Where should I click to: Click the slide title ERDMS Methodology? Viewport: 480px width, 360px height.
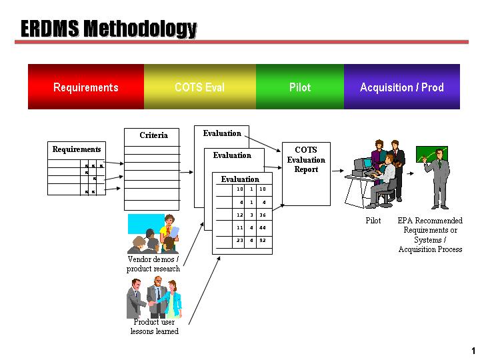[109, 29]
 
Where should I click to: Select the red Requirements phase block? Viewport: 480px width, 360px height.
[86, 87]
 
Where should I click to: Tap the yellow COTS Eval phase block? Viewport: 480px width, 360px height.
[199, 87]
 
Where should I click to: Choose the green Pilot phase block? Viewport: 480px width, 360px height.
[300, 87]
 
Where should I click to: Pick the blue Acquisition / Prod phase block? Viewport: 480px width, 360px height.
[401, 87]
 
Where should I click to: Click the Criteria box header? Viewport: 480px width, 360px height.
[153, 135]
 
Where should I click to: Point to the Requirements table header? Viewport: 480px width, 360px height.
[77, 149]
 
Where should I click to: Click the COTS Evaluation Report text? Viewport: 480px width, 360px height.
[306, 160]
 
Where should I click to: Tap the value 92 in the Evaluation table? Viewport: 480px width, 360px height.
[263, 240]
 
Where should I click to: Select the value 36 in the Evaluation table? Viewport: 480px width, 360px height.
[263, 215]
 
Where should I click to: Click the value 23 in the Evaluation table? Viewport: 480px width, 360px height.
[240, 240]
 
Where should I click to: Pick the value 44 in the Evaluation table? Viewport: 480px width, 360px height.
[263, 227]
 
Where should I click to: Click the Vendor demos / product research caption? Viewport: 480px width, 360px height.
[153, 264]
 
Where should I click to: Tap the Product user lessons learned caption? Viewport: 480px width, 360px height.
[154, 327]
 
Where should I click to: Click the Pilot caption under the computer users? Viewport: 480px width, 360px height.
[373, 221]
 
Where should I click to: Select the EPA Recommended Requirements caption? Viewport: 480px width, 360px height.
[430, 235]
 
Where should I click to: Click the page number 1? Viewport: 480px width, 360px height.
[473, 351]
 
